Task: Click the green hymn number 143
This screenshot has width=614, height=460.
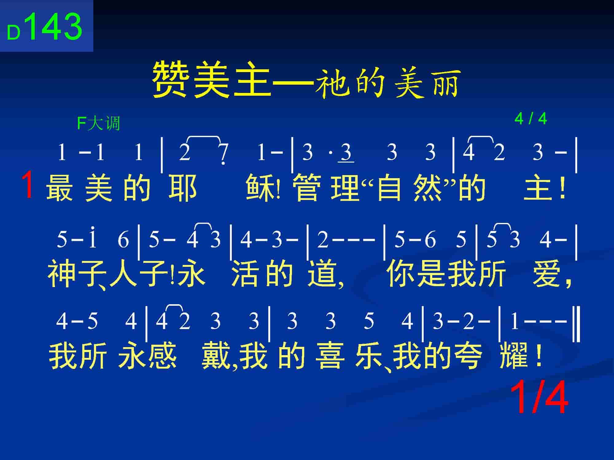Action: point(55,27)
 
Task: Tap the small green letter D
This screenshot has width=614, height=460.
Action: point(14,33)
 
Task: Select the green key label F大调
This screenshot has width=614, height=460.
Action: point(98,124)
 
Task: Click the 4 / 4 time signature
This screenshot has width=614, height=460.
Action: point(531,119)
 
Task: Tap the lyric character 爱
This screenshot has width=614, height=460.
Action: point(548,273)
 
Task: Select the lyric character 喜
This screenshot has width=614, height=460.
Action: point(330,355)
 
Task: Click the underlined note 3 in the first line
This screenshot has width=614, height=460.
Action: point(346,152)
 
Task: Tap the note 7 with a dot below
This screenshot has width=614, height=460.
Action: point(224,154)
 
